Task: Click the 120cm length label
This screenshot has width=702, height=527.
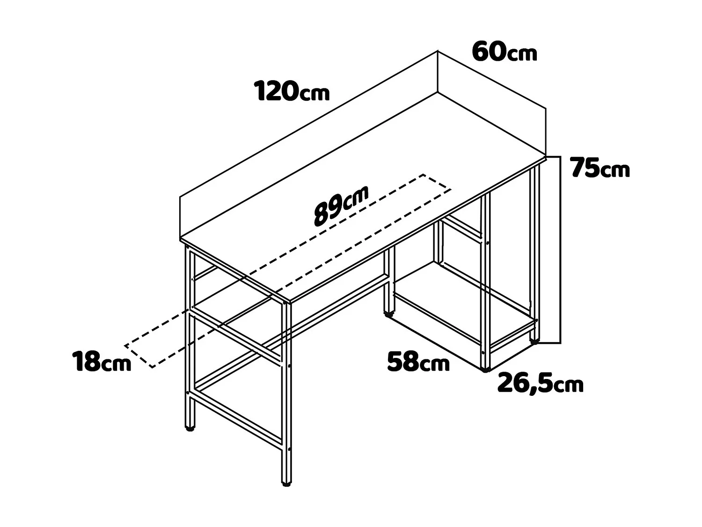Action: click(292, 91)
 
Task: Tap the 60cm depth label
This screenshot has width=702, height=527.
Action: click(504, 52)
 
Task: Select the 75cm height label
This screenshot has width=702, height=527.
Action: click(600, 168)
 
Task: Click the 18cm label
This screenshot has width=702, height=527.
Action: click(102, 362)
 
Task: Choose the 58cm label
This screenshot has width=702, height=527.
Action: click(418, 362)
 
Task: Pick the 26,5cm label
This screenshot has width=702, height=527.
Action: click(540, 384)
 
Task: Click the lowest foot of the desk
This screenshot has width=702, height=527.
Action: click(286, 482)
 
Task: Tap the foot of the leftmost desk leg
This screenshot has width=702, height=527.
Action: click(190, 428)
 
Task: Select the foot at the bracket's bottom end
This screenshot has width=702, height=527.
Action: click(534, 341)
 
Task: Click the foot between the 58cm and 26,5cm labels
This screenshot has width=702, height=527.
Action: click(485, 370)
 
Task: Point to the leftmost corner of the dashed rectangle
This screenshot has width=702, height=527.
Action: click(125, 346)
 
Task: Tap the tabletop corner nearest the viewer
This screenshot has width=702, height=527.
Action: click(287, 301)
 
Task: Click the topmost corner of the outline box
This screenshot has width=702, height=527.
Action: click(438, 51)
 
